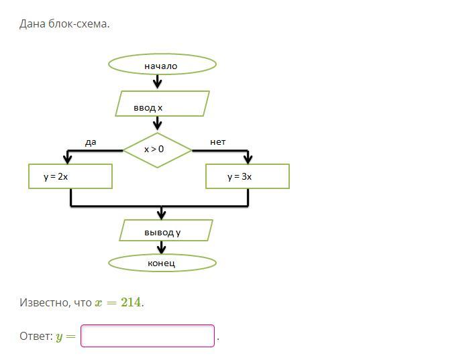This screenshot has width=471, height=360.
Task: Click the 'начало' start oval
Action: pyautogui.click(x=162, y=64)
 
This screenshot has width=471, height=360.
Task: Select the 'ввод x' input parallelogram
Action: pyautogui.click(x=162, y=104)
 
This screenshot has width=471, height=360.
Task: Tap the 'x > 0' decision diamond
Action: pyautogui.click(x=157, y=149)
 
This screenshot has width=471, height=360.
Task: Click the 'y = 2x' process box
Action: pyautogui.click(x=70, y=176)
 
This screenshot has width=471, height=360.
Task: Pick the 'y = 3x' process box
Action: pyautogui.click(x=247, y=176)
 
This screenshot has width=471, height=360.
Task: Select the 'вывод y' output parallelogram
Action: pyautogui.click(x=166, y=230)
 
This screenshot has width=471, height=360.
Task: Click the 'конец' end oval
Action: pyautogui.click(x=162, y=263)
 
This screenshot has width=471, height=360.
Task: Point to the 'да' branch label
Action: pyautogui.click(x=91, y=142)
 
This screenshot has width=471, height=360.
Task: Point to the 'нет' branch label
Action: pyautogui.click(x=218, y=142)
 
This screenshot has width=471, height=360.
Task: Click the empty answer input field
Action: pyautogui.click(x=148, y=336)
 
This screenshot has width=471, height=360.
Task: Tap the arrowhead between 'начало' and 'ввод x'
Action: pyautogui.click(x=158, y=84)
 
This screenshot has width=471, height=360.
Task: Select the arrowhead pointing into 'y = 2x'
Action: pyautogui.click(x=67, y=159)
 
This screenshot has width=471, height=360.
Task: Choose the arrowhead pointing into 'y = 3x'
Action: pyautogui.click(x=248, y=159)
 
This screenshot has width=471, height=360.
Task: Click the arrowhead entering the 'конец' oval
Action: pyautogui.click(x=161, y=249)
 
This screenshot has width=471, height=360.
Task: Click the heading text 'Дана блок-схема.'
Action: pyautogui.click(x=64, y=24)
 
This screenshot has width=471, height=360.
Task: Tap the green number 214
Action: pyautogui.click(x=131, y=302)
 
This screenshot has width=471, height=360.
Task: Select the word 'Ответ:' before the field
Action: pyautogui.click(x=36, y=337)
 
